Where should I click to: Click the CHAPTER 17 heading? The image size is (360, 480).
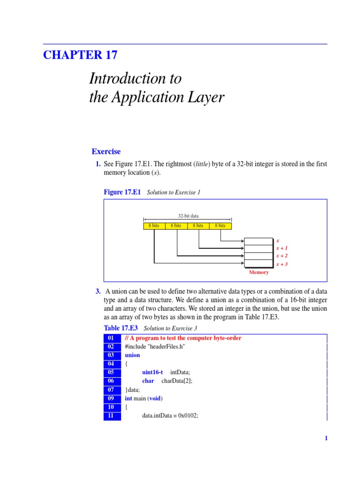click(x=80, y=55)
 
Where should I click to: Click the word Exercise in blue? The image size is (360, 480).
click(x=106, y=151)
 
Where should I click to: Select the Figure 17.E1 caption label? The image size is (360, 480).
click(x=122, y=192)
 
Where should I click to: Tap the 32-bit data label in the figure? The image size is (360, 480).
click(x=188, y=216)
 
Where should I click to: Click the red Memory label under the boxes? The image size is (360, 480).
click(x=259, y=272)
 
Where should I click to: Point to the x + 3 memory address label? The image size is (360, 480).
click(x=282, y=264)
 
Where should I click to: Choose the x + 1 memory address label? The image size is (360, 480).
click(x=282, y=248)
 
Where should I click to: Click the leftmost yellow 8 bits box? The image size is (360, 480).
click(x=154, y=225)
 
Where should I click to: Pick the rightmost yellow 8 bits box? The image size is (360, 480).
click(x=220, y=225)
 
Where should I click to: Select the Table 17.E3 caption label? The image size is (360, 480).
click(x=120, y=328)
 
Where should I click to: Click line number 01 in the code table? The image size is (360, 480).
click(x=112, y=338)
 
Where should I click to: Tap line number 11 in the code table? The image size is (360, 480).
click(x=112, y=415)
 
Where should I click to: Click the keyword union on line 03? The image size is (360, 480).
click(x=133, y=355)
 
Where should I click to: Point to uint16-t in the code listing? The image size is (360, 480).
click(x=152, y=372)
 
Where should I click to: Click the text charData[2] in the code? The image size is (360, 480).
click(x=177, y=381)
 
